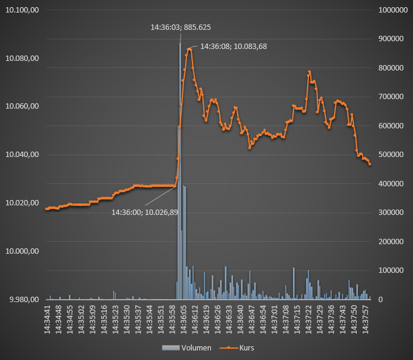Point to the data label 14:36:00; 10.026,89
click(x=145, y=212)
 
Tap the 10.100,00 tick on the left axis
click(x=22, y=10)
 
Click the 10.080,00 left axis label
click(x=22, y=59)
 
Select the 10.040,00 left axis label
click(x=22, y=155)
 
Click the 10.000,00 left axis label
click(x=22, y=251)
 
